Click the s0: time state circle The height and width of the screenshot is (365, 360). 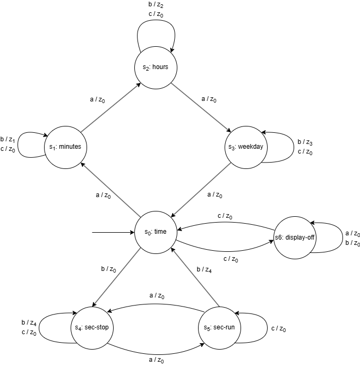(156, 232)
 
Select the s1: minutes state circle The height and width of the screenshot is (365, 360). (66, 147)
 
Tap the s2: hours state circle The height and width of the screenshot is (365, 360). (155, 67)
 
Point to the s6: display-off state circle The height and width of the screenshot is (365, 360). (295, 236)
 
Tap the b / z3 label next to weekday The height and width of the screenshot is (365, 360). (305, 142)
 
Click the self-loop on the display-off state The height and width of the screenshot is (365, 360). (331, 236)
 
